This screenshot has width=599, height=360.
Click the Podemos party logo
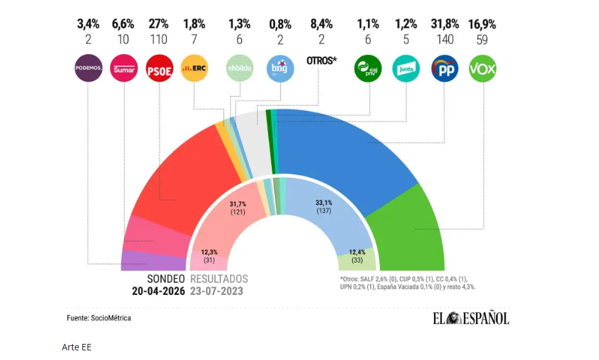[89, 68]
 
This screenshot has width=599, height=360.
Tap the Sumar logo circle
[124, 68]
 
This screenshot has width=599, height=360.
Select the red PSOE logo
[158, 68]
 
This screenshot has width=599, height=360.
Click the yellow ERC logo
[194, 68]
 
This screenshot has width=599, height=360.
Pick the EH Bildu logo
[239, 68]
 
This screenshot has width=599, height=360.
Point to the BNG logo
[280, 68]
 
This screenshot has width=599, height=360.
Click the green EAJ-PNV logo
[368, 68]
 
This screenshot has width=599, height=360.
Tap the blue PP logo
[444, 68]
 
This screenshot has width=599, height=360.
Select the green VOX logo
[482, 68]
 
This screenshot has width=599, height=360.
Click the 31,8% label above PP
[444, 24]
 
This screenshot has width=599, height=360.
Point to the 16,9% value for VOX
[482, 24]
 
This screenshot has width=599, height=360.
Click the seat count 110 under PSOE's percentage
[158, 40]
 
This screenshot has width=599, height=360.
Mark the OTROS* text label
[321, 61]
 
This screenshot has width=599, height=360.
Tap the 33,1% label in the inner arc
[324, 202]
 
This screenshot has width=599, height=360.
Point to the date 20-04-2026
[158, 291]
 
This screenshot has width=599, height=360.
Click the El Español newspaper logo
[470, 318]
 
